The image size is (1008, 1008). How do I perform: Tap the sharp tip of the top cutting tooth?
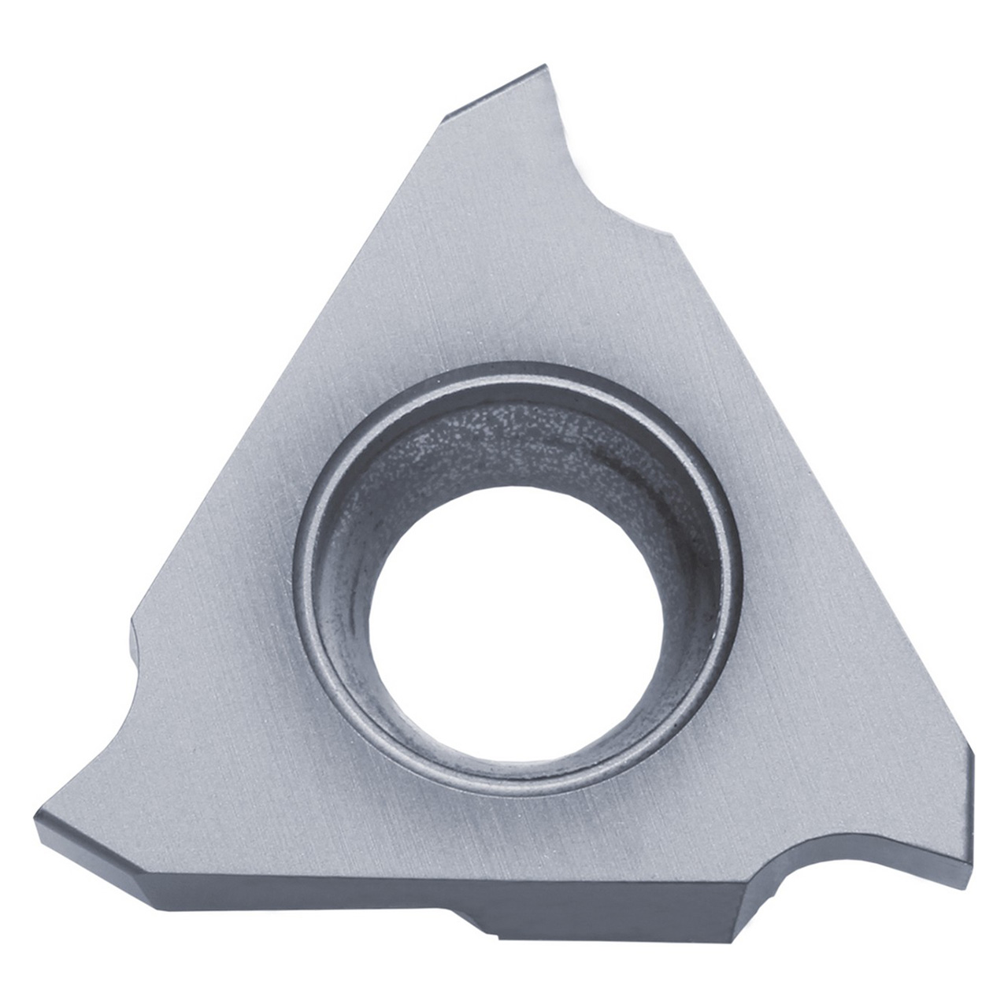tap(543, 67)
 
